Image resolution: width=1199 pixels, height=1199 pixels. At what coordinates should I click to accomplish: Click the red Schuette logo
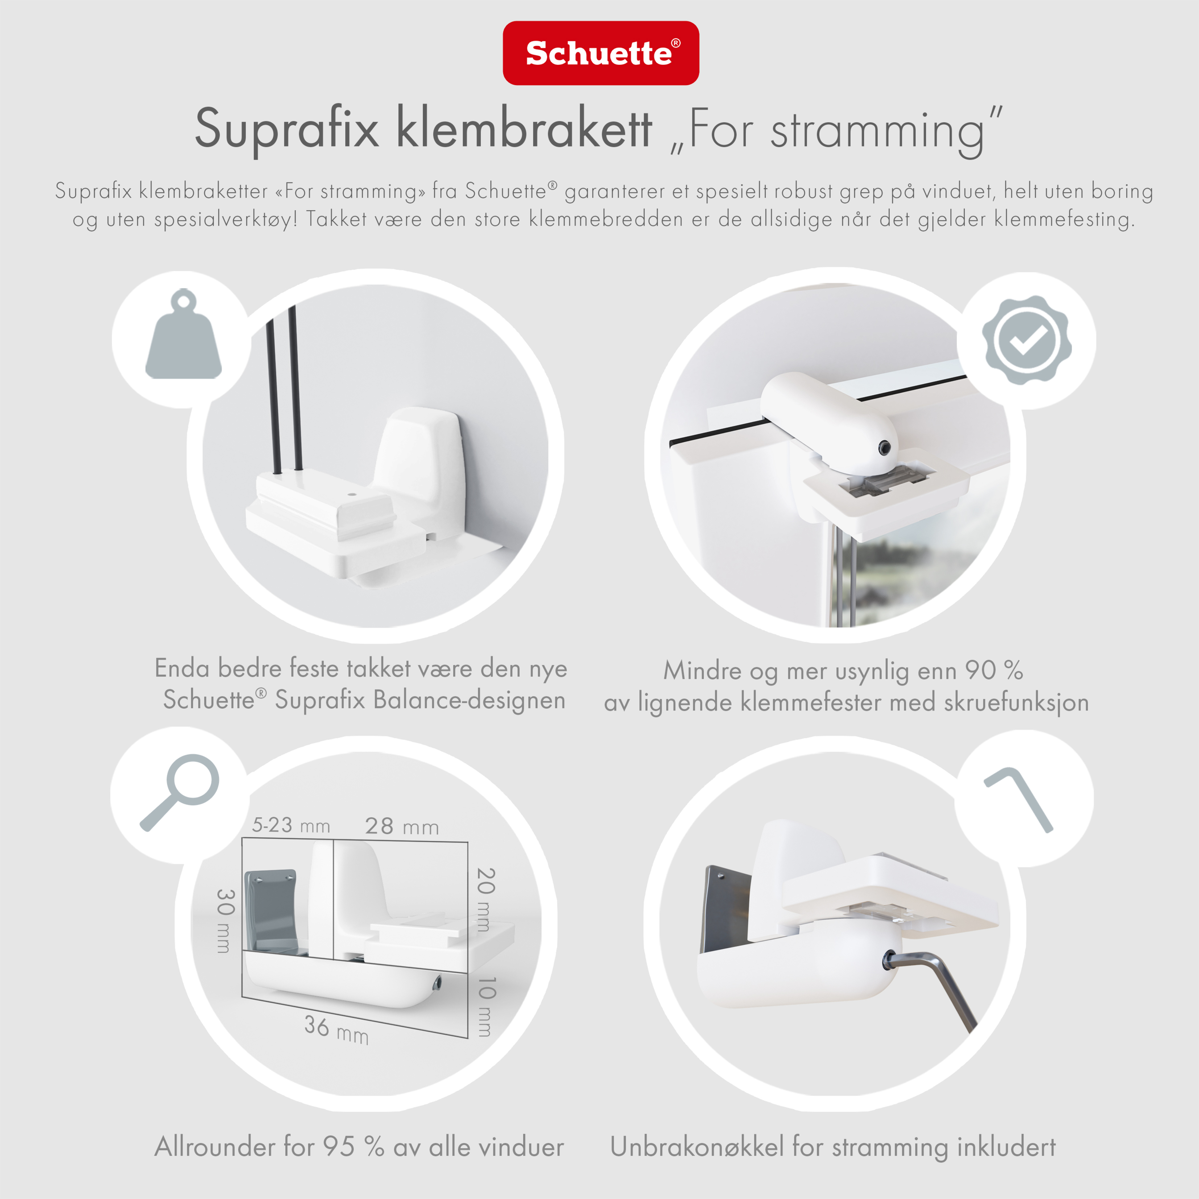601,53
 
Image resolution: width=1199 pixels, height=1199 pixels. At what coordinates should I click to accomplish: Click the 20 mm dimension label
485,899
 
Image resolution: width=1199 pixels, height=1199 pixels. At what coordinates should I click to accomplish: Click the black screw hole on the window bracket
885,447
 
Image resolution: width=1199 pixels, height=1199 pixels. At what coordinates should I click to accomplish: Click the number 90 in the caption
980,670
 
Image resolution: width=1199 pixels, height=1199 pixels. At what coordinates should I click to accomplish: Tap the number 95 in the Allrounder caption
339,1147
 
